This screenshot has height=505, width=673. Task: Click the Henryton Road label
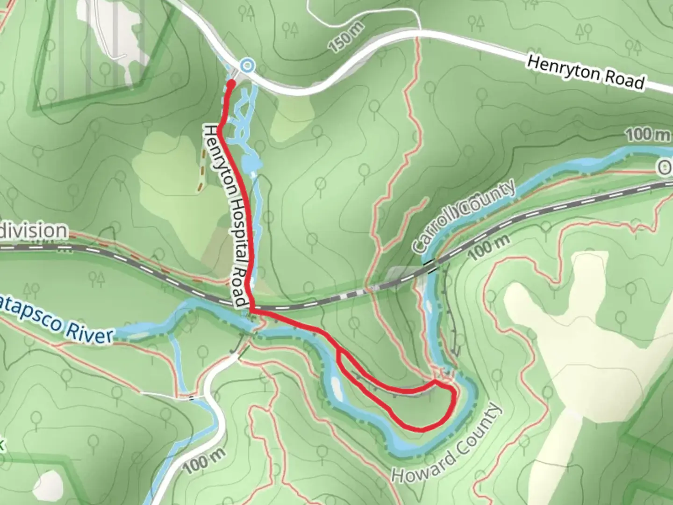pyautogui.click(x=586, y=72)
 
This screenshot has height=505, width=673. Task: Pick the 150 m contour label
pyautogui.click(x=346, y=37)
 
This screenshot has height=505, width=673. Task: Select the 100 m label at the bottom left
pyautogui.click(x=204, y=460)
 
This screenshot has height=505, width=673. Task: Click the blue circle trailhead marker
pyautogui.click(x=247, y=66)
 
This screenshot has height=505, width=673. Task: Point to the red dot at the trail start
pyautogui.click(x=231, y=83)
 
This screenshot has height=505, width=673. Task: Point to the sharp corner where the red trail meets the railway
pyautogui.click(x=251, y=310)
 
